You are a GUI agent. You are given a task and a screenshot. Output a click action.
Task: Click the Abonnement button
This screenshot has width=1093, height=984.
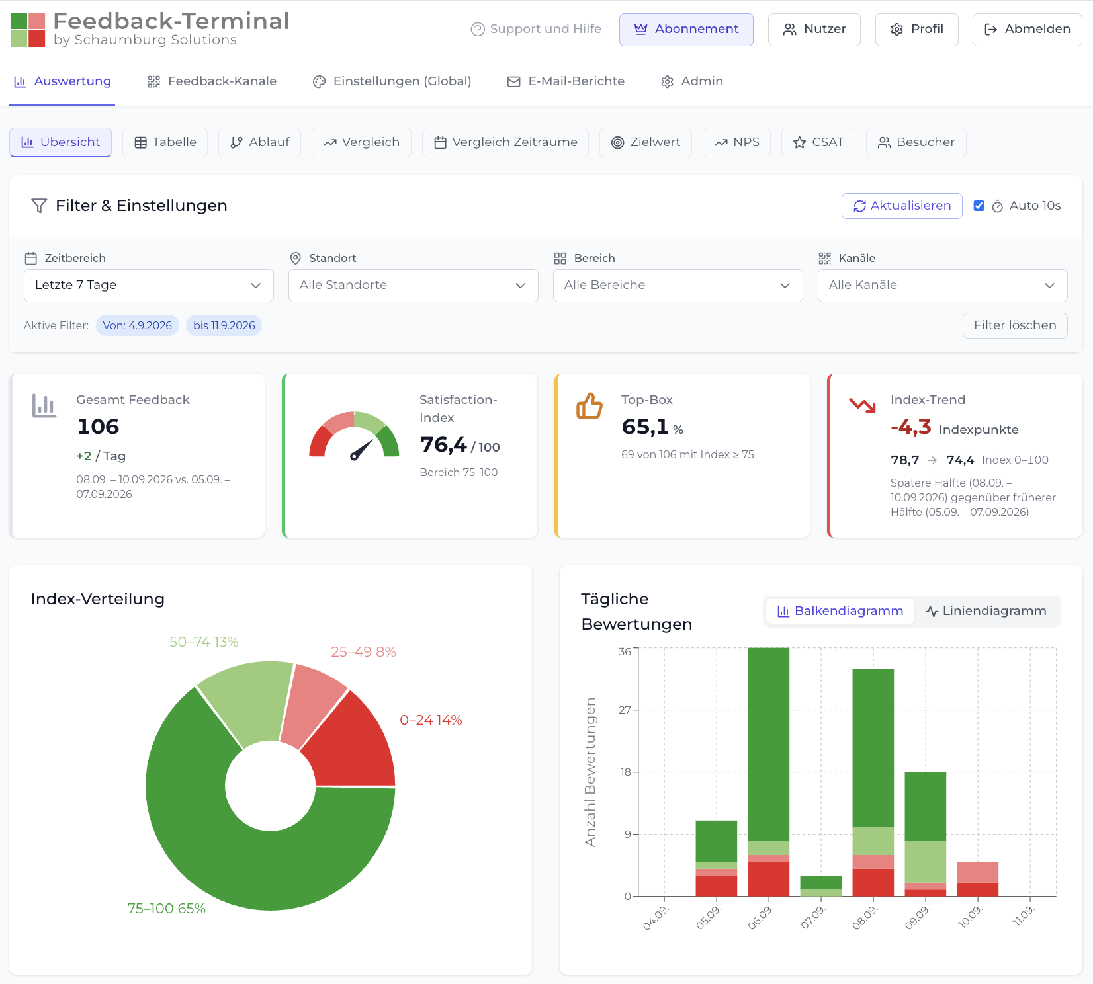pyautogui.click(x=686, y=30)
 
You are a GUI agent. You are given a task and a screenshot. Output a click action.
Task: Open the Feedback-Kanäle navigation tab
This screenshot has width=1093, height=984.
pyautogui.click(x=212, y=81)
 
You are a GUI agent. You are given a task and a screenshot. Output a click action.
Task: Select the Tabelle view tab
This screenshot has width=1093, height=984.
pyautogui.click(x=165, y=142)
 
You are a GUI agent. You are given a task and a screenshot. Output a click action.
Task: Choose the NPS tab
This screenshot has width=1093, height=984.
pyautogui.click(x=736, y=142)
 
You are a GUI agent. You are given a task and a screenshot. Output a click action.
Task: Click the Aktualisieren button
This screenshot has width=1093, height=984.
pyautogui.click(x=902, y=206)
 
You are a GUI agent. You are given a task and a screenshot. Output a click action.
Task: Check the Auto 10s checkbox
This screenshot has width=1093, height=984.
pyautogui.click(x=979, y=206)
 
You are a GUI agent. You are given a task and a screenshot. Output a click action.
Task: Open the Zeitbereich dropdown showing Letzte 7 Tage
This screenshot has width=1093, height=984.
pyautogui.click(x=149, y=286)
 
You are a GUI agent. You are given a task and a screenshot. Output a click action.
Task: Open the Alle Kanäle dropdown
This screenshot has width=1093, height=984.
pyautogui.click(x=942, y=286)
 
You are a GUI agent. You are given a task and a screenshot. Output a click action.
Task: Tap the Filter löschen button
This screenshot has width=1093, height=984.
pyautogui.click(x=1015, y=325)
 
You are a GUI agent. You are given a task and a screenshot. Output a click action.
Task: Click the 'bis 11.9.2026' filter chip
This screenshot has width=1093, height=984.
pyautogui.click(x=224, y=325)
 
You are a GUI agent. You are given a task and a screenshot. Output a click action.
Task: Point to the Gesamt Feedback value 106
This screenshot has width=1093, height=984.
pyautogui.click(x=99, y=427)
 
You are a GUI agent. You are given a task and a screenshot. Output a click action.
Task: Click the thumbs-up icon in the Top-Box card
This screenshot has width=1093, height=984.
pyautogui.click(x=590, y=405)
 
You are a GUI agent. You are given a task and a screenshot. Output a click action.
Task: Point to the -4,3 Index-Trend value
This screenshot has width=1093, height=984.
pyautogui.click(x=911, y=427)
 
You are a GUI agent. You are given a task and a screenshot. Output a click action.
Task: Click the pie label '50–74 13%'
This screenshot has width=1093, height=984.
pyautogui.click(x=204, y=642)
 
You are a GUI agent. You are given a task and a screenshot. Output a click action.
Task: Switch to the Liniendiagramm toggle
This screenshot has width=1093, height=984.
pyautogui.click(x=986, y=611)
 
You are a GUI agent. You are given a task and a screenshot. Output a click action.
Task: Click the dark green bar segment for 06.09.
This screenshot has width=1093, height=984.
pyautogui.click(x=769, y=745)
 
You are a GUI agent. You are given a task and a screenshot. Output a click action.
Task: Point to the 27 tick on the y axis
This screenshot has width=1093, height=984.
pyautogui.click(x=625, y=710)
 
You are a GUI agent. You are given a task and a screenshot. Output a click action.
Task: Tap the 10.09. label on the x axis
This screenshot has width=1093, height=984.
pyautogui.click(x=970, y=917)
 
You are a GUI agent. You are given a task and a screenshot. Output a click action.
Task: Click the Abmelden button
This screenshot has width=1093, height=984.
pyautogui.click(x=1027, y=30)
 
